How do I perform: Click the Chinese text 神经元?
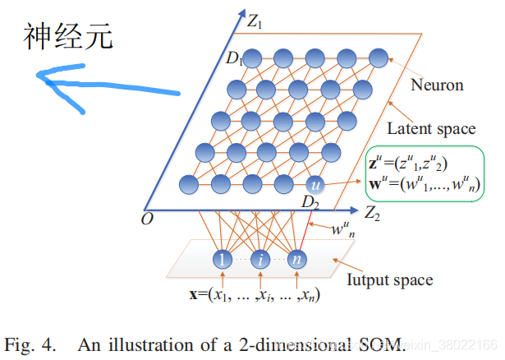68,35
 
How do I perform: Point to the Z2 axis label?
374,217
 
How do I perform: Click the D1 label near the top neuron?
235,58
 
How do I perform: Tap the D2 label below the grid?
310,202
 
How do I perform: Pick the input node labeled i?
261,260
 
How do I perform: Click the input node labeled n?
297,260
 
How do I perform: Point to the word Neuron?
438,85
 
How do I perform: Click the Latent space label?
431,128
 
